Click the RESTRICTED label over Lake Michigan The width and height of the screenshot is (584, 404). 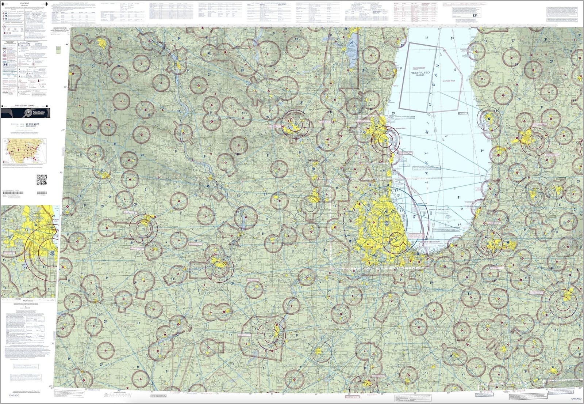coord(420,73)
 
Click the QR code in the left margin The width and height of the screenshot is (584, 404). coord(41,180)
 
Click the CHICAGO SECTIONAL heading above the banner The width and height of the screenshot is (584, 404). coord(25,105)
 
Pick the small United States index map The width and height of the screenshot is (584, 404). coord(25,151)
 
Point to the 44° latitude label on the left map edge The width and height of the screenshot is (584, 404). coord(66,45)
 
